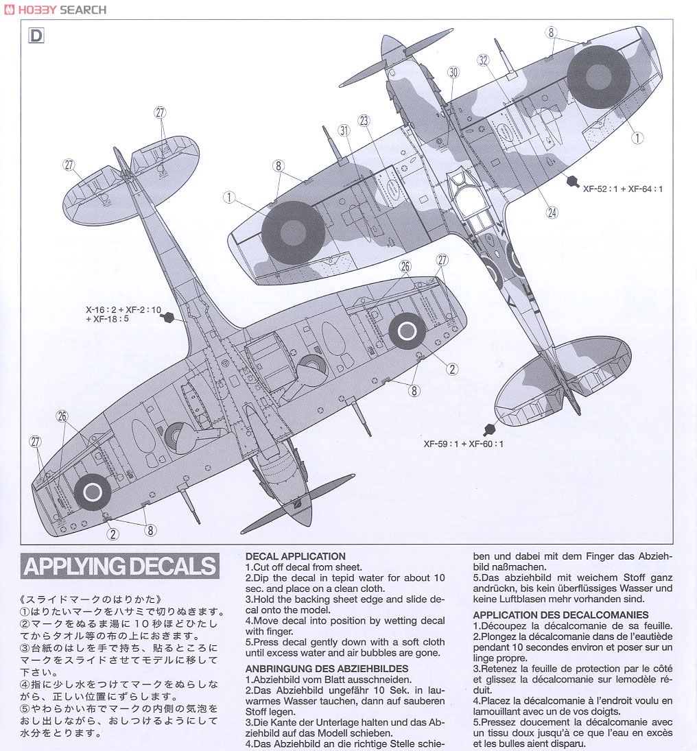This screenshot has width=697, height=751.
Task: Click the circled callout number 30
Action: (x=452, y=72)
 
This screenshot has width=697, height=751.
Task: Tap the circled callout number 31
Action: (x=344, y=130)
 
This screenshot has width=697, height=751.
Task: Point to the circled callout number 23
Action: (x=364, y=121)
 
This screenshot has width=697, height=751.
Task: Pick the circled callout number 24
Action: (x=552, y=213)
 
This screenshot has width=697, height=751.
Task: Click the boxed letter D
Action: (x=36, y=36)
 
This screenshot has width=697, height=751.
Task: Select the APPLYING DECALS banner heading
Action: (x=119, y=567)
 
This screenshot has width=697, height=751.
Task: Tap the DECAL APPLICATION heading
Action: (x=296, y=556)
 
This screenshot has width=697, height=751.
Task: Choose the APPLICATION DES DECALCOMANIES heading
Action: (x=560, y=615)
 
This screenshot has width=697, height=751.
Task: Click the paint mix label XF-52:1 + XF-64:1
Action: (x=623, y=189)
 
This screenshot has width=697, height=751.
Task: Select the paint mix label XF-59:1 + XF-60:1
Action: (x=463, y=444)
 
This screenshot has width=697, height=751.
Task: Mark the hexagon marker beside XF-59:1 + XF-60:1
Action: (x=490, y=429)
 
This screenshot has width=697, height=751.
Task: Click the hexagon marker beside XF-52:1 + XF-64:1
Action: (x=572, y=181)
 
